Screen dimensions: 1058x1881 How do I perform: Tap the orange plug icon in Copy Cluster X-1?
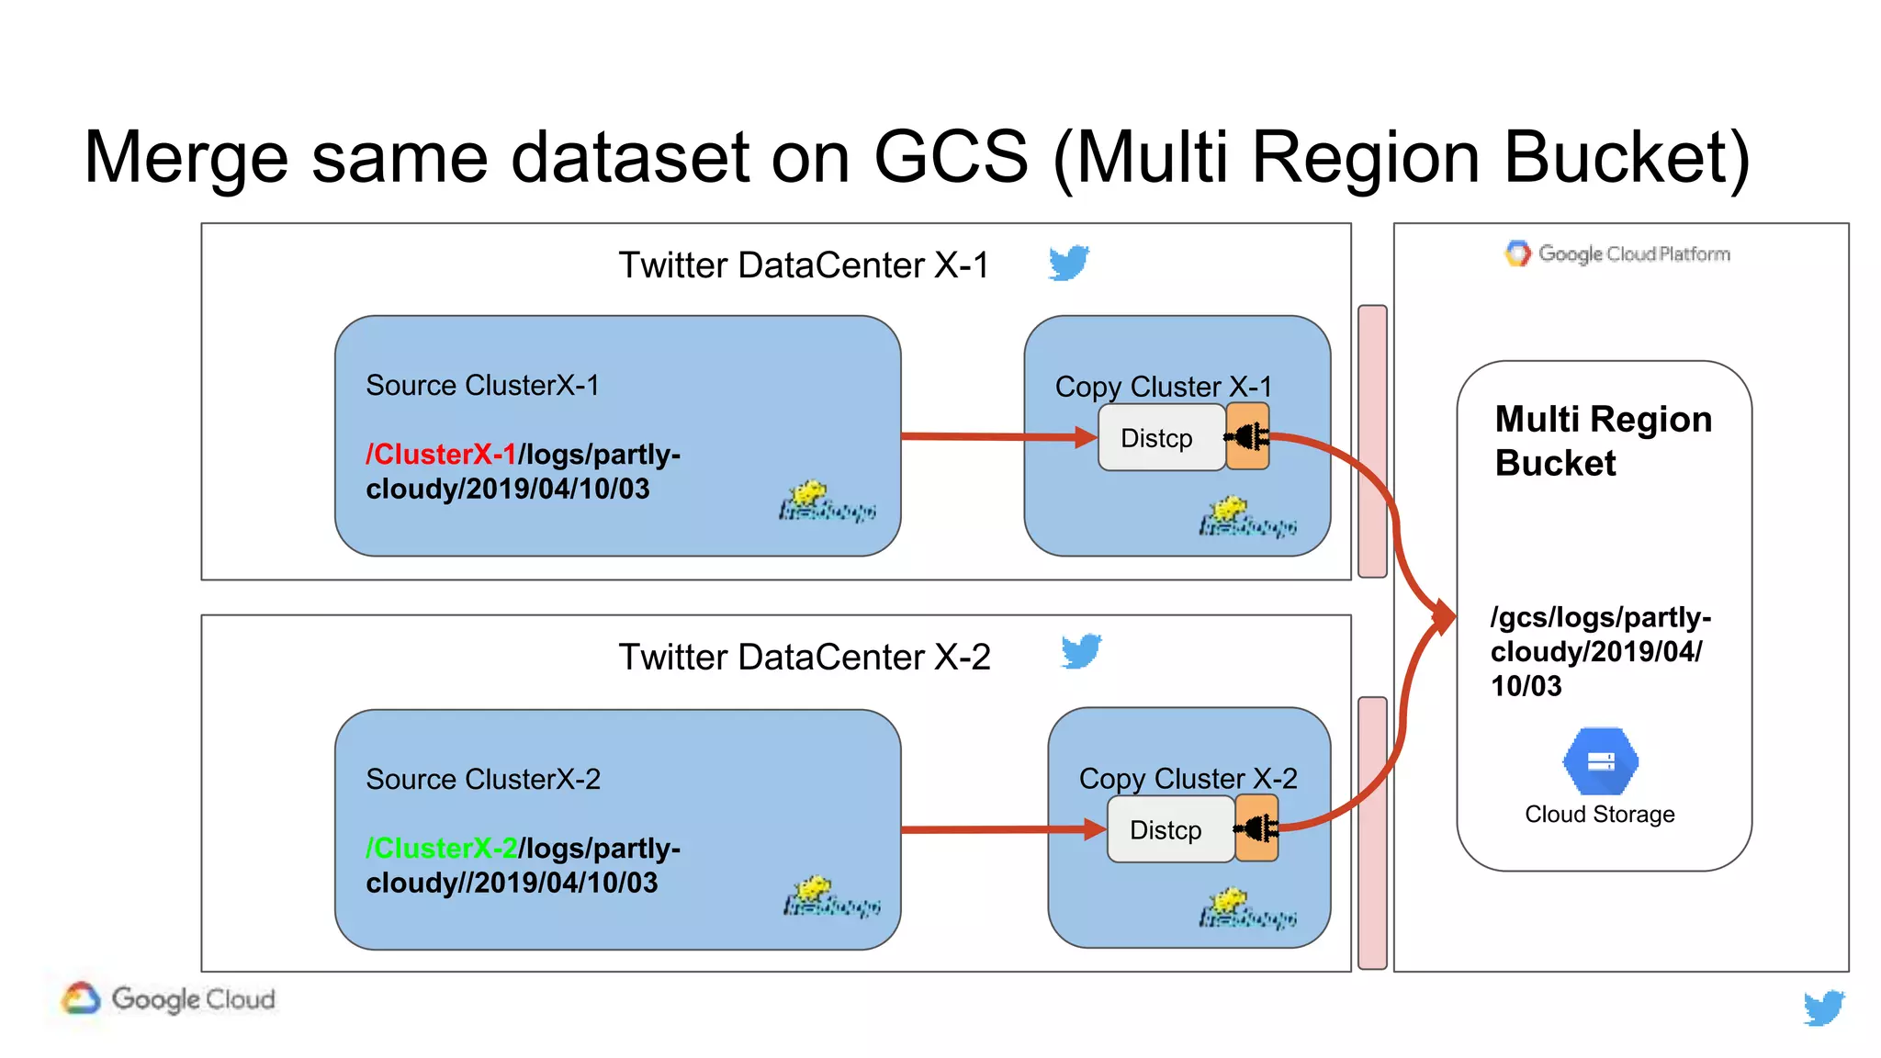click(1248, 437)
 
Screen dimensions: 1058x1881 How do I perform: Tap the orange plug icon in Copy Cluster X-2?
click(1257, 829)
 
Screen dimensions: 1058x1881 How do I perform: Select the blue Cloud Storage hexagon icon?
click(1600, 761)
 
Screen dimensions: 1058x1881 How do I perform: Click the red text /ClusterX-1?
click(441, 455)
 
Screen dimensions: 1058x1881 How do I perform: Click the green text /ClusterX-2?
click(441, 848)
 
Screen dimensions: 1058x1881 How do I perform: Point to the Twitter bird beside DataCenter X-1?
click(1069, 263)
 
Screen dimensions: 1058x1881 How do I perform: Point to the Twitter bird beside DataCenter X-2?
click(1081, 652)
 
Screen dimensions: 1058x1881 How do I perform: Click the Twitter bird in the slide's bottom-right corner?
click(1823, 1007)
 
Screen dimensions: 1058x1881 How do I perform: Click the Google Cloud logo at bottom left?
click(170, 999)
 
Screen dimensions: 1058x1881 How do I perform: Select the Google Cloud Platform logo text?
click(1618, 253)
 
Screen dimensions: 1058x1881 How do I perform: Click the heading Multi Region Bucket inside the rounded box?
click(1603, 441)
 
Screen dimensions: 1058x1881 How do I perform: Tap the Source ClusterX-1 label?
click(482, 386)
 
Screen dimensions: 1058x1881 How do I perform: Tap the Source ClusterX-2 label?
click(482, 779)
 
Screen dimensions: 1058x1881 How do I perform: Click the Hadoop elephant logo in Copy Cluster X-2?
click(1246, 908)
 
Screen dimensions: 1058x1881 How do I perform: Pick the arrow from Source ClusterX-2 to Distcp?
click(1001, 830)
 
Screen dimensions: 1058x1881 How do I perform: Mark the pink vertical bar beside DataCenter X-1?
click(1372, 441)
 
